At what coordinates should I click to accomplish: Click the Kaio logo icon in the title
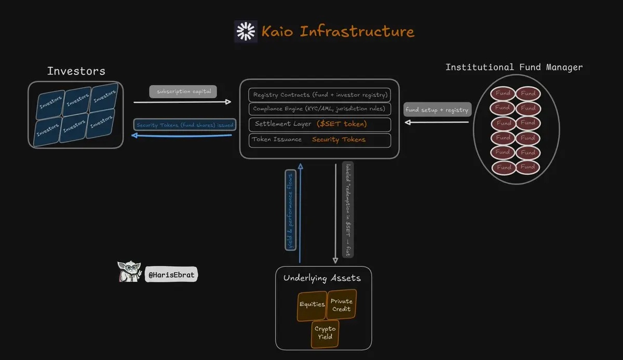click(246, 32)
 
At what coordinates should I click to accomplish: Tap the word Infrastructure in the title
click(358, 32)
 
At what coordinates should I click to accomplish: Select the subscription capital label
click(183, 91)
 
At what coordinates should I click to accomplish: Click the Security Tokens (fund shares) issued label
click(185, 125)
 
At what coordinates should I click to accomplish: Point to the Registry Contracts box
click(319, 95)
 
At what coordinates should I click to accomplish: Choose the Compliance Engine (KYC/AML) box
click(319, 109)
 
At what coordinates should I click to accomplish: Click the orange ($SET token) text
click(341, 124)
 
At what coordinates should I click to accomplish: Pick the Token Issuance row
click(319, 140)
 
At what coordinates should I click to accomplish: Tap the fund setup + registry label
click(437, 110)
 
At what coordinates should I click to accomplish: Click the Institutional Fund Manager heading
click(514, 68)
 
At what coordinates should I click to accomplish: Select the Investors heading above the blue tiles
click(76, 71)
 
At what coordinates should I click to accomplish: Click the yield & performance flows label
click(291, 209)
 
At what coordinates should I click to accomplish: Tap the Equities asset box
click(311, 304)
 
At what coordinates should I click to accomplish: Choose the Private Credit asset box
click(341, 305)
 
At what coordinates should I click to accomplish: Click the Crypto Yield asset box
click(325, 333)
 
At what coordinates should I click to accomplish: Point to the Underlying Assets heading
click(322, 278)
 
